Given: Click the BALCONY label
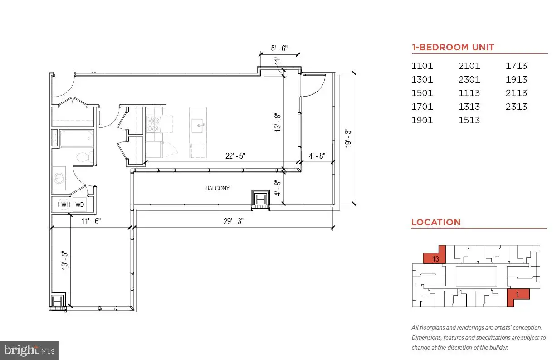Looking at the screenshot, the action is coord(217,188).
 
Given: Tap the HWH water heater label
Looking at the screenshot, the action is coord(64,204).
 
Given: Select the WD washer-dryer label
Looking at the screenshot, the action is coord(79,204).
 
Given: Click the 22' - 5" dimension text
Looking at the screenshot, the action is coord(235,156).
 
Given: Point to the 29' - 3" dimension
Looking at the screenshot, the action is coord(234,221).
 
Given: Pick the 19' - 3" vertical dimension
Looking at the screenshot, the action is coord(348,138).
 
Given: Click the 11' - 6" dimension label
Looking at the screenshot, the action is coord(91,221).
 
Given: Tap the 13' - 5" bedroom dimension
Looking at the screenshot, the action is coord(64,260).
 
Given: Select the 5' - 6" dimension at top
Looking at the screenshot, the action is coord(279,48).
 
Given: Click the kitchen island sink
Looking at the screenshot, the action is coord(198,126).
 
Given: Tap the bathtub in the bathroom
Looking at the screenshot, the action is coord(76,139).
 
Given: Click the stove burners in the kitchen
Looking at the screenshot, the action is coord(153,124).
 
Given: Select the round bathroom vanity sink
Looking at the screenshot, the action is coord(59,178).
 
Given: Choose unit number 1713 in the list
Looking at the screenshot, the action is coord(516,66).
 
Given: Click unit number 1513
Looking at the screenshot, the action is coord(469,120).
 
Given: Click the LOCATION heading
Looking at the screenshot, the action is coord(435,222).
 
